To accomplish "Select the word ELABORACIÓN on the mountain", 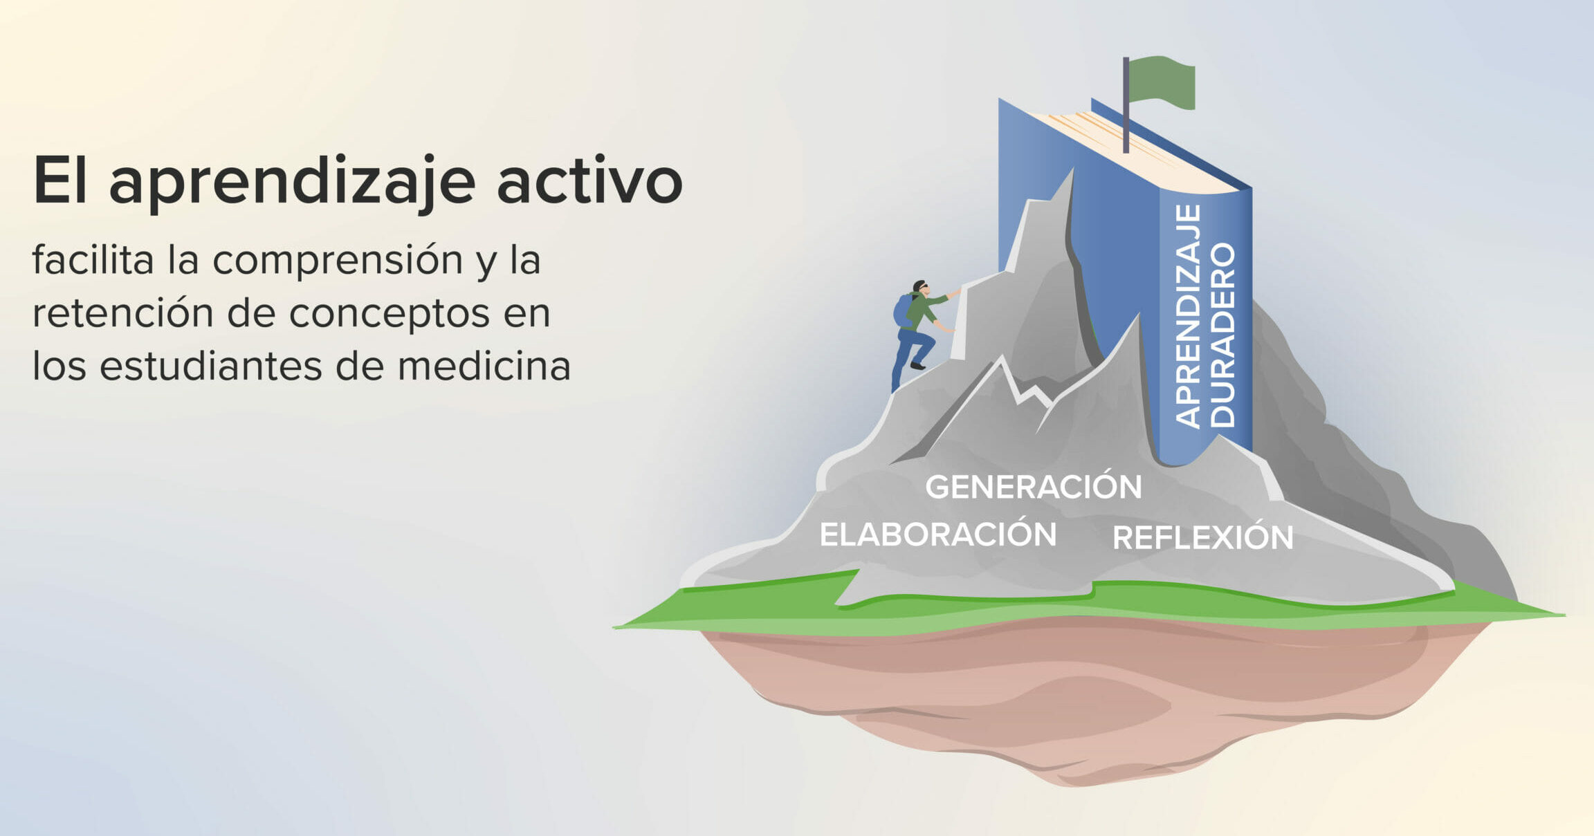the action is point(938,534).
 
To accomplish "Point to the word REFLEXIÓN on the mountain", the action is point(1202,537).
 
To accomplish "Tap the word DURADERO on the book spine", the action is point(1222,335).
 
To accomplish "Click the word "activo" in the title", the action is point(590,181).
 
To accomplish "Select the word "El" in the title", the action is point(60,181).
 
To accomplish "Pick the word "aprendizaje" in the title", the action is point(292,184).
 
